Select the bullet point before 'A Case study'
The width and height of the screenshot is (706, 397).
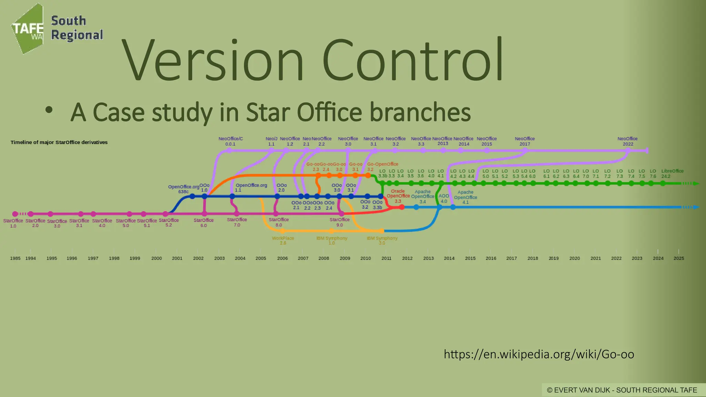tap(49, 110)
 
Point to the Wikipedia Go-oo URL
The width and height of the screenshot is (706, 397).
tap(539, 354)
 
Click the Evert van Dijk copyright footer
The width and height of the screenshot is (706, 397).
tap(622, 390)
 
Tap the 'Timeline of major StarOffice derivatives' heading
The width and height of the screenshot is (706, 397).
tap(59, 142)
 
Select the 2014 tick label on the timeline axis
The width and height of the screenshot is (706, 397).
tap(449, 258)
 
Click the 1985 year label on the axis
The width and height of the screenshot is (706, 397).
tap(15, 258)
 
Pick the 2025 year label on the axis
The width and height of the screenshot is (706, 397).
tap(679, 258)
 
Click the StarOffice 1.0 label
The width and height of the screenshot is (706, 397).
tap(13, 223)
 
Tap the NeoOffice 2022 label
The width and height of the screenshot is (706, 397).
tap(627, 141)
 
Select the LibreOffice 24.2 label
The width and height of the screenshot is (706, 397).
tap(672, 173)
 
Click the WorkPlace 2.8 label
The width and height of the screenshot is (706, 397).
tap(283, 241)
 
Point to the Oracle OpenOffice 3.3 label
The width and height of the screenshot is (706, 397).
tap(398, 196)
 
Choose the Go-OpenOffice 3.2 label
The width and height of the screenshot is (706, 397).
tap(382, 166)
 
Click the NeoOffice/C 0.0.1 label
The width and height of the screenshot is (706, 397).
tap(231, 141)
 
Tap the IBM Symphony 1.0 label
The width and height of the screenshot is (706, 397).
tap(332, 241)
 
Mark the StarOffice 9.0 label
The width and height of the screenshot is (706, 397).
tap(340, 222)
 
